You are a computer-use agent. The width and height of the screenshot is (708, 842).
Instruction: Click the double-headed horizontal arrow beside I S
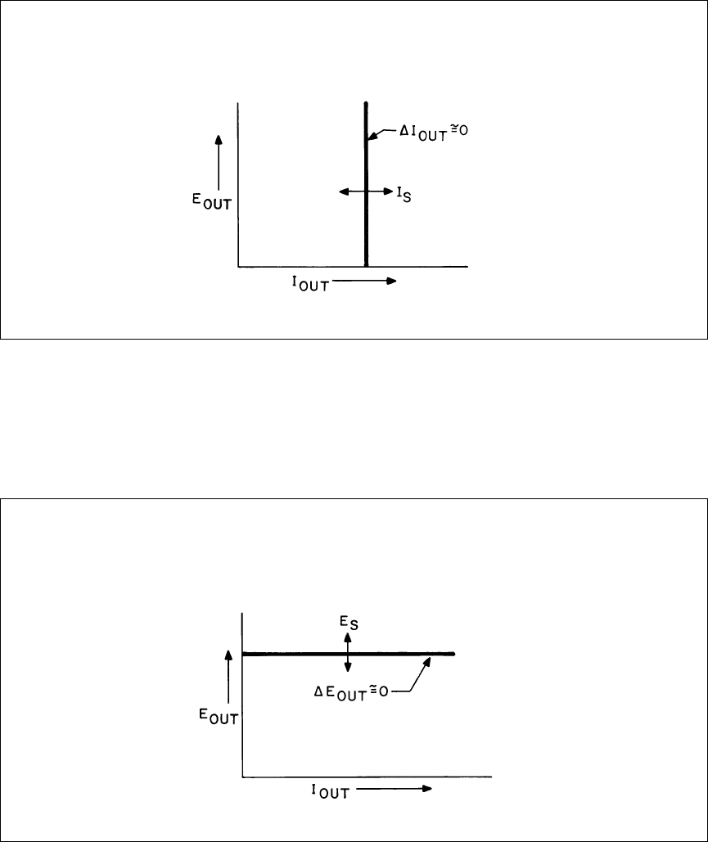click(x=366, y=191)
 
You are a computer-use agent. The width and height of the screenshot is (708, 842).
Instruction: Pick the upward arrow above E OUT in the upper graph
click(x=219, y=160)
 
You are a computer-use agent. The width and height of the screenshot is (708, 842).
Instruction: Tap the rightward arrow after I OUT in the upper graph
click(x=364, y=281)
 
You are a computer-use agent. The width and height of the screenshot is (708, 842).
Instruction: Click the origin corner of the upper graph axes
click(x=238, y=267)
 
